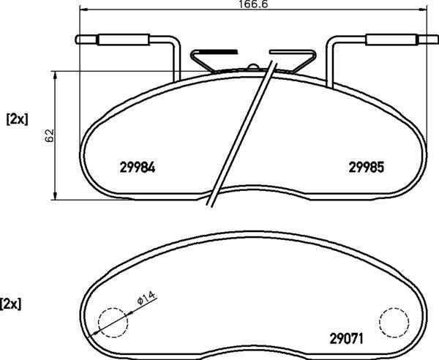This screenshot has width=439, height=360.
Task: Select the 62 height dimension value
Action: [49, 135]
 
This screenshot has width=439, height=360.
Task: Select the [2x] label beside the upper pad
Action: [16, 119]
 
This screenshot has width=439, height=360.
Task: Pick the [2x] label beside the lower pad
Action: [11, 303]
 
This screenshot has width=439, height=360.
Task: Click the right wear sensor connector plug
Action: [387, 40]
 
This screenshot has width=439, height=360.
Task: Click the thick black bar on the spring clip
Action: [219, 52]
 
